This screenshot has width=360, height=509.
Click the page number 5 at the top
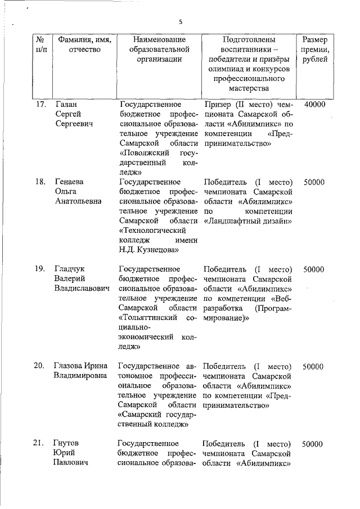[x=181, y=22]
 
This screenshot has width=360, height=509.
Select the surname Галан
[x=67, y=104]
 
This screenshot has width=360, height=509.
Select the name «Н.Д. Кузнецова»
[x=149, y=249]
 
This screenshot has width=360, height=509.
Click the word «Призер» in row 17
[x=217, y=104]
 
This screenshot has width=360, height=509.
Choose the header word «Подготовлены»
[x=249, y=40]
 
